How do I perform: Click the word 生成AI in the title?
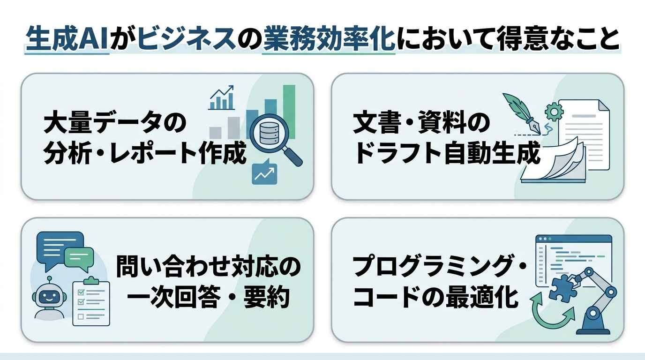[x=67, y=38]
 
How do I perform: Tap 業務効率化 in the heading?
[x=329, y=38]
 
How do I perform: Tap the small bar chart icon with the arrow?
[x=221, y=97]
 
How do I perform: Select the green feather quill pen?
[x=522, y=113]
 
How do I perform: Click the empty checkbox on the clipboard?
[x=81, y=317]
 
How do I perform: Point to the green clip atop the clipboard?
[x=91, y=280]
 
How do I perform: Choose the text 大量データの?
[x=115, y=122]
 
